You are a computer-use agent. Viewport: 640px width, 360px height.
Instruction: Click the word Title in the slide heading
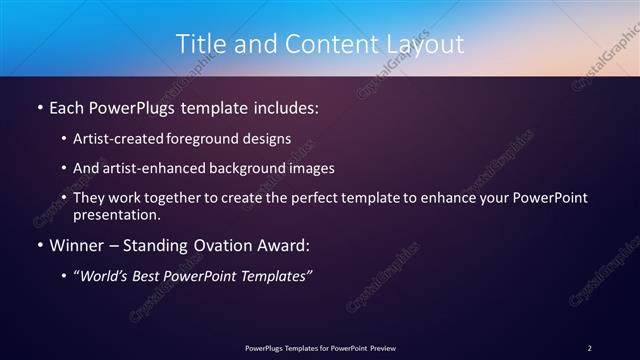coord(200,44)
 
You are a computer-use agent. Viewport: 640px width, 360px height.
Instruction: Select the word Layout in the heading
coord(424,44)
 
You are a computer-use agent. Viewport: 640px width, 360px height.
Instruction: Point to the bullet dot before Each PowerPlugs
coord(39,105)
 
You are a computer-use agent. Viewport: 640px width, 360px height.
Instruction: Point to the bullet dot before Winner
coord(39,245)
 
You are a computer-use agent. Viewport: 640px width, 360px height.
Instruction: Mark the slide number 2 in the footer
coord(589,347)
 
